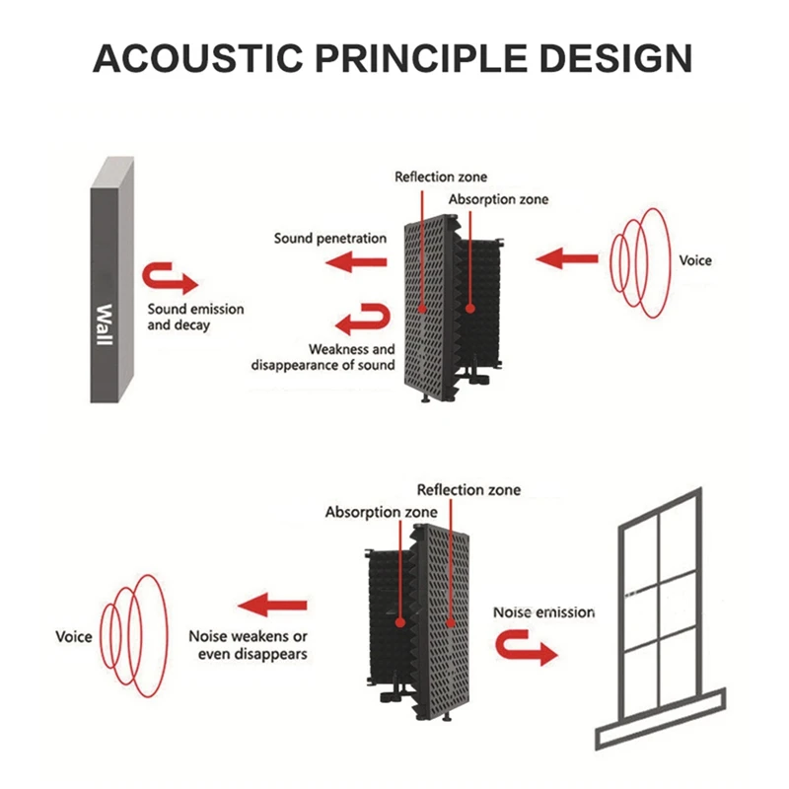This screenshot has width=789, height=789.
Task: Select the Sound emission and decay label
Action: [195, 317]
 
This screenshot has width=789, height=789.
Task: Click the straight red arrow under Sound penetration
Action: [356, 261]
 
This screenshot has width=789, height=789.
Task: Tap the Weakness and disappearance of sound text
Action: [323, 357]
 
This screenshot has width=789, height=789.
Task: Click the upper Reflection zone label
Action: [441, 178]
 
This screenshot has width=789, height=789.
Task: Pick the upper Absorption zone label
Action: [498, 200]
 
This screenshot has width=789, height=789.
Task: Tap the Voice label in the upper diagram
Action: [695, 261]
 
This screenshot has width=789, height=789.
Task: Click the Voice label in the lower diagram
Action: [73, 636]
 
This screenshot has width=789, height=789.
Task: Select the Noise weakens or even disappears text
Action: [249, 645]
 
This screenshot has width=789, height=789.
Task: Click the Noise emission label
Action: [543, 612]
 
